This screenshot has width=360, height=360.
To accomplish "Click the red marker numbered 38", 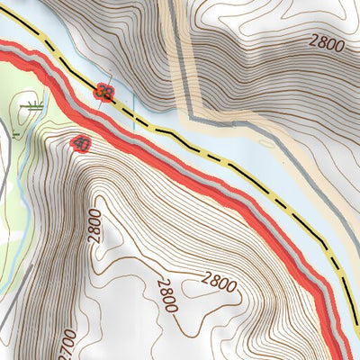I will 104,92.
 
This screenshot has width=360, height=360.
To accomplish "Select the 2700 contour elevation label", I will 62,343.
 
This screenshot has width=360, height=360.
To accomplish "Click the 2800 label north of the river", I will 326,41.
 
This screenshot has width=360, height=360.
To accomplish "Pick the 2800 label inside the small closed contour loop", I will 219,287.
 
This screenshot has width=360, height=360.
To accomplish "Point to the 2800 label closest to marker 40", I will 96,226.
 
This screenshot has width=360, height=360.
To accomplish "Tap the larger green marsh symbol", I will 36,106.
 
